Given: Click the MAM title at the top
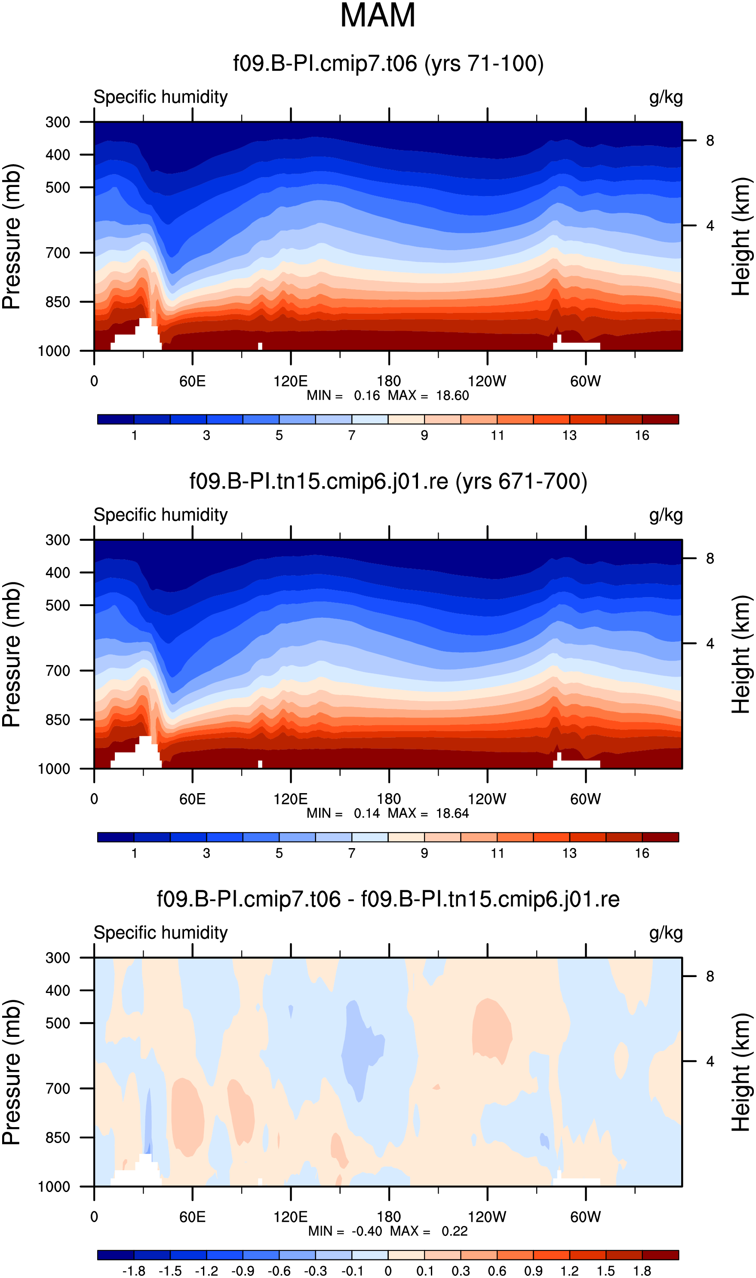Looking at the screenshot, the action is point(378,15).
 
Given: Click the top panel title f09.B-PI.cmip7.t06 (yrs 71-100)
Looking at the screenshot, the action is point(388,64).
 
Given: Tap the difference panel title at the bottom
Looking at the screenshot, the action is point(388,899).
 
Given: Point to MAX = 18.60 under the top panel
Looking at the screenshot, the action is point(428,395).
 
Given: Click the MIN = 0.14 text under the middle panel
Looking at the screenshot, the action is point(343,813).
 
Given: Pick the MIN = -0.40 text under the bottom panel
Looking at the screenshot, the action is point(345,1231).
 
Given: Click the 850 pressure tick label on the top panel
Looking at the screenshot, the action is point(58,302).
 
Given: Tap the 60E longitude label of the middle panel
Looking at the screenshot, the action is point(193,799).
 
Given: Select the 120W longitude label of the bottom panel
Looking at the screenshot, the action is point(487,1217).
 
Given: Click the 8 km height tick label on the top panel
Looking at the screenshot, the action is point(710,141).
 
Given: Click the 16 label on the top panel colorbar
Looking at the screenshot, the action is point(642,435).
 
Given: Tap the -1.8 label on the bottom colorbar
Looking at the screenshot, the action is point(133,1270).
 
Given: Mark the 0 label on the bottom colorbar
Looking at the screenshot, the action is point(388,1270).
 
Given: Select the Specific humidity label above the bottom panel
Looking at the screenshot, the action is point(160,933).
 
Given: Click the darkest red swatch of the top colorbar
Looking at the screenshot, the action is point(660,419).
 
